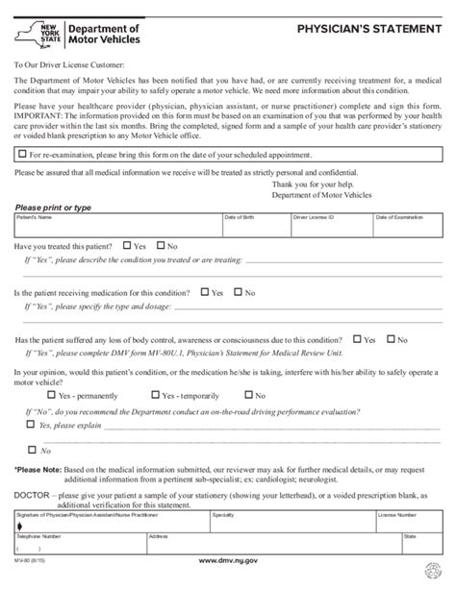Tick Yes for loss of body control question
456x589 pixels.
356,340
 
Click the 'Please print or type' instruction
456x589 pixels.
54,208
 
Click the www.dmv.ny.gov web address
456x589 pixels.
226,559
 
